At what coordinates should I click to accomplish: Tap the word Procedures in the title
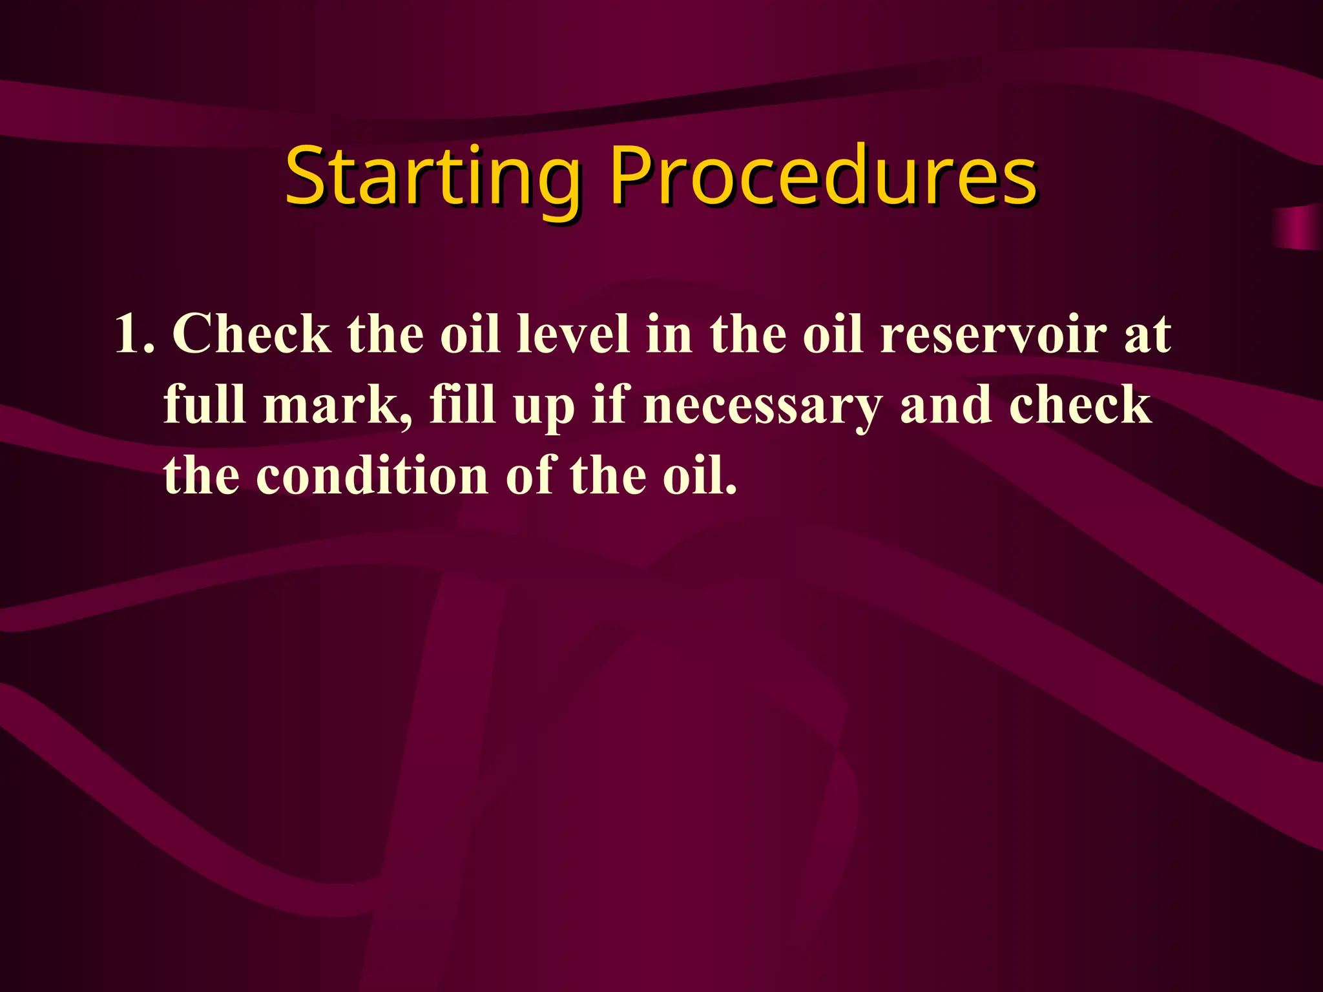click(824, 176)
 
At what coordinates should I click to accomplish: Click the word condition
click(372, 475)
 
